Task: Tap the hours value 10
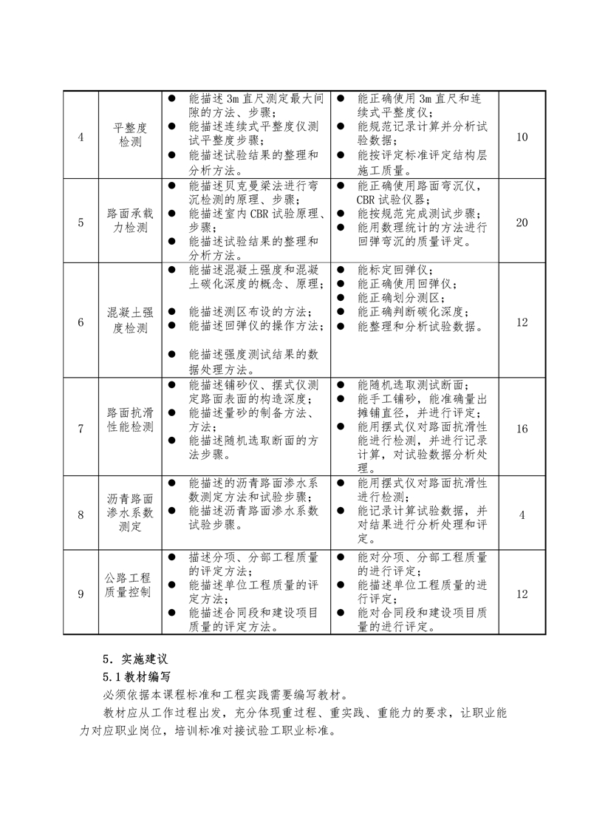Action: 522,137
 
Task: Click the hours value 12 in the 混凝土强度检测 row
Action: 522,322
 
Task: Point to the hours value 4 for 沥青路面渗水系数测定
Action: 522,514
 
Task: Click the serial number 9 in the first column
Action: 81,594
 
